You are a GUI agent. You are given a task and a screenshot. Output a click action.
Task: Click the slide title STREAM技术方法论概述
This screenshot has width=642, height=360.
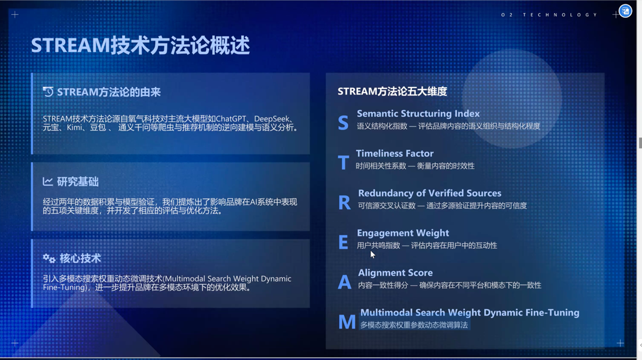[x=140, y=45]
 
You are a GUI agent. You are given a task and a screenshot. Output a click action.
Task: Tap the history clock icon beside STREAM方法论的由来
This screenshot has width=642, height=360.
[x=48, y=92]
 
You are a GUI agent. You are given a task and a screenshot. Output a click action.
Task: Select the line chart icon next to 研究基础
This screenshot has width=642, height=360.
[x=48, y=181]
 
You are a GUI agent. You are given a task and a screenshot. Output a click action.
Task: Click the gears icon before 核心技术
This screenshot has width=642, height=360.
[x=49, y=258]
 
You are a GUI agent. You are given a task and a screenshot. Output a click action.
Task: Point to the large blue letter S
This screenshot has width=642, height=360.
[x=343, y=123]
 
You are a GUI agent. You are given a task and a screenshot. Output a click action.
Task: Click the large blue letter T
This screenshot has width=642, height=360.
[x=343, y=162]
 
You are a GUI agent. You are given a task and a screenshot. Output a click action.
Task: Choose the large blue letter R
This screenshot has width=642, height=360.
[x=344, y=202]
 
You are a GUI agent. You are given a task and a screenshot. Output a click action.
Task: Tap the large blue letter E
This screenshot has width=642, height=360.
[x=343, y=242]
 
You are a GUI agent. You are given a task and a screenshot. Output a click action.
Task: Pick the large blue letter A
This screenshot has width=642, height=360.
[x=344, y=282]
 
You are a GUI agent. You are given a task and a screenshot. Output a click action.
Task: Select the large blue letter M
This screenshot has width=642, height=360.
[x=347, y=321]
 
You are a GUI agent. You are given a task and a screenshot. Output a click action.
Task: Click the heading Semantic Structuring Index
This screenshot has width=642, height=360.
[x=418, y=114]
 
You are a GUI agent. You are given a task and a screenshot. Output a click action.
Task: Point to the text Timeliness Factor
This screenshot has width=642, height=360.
[x=395, y=153]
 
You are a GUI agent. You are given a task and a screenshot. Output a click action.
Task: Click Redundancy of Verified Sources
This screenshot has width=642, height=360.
[x=429, y=193]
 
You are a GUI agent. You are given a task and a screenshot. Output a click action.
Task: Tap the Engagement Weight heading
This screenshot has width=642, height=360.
[x=403, y=233]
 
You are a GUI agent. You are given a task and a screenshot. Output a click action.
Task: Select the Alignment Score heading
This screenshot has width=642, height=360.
[x=395, y=272]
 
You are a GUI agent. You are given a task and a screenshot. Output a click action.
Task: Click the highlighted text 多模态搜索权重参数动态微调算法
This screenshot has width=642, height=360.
[x=414, y=325]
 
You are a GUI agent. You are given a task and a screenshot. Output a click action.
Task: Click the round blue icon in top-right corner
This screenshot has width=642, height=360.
[x=625, y=11]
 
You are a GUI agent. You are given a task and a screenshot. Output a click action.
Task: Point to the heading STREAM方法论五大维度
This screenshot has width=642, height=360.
[x=392, y=91]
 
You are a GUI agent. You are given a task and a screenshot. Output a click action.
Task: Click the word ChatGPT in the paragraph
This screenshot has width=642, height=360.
[x=231, y=119]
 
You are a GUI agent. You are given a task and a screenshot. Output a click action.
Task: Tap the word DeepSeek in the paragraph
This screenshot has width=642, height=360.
[x=272, y=119]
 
